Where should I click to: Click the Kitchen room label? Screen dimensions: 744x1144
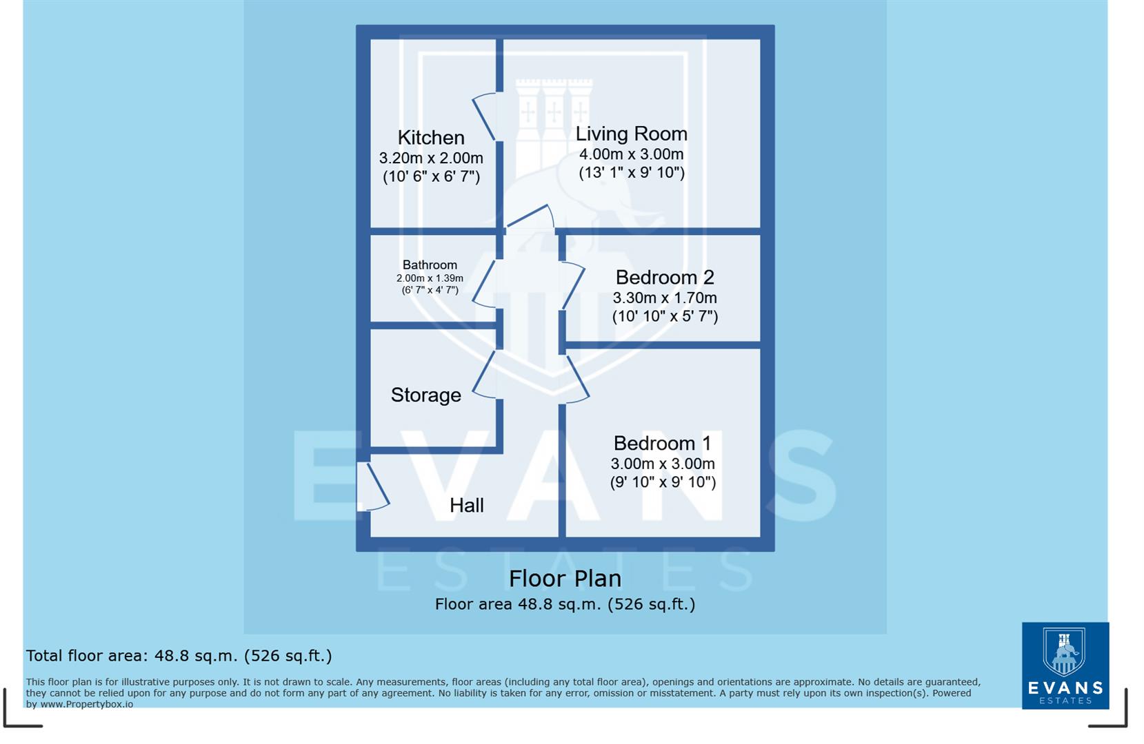click(x=431, y=138)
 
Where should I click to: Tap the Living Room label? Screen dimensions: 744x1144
click(x=631, y=134)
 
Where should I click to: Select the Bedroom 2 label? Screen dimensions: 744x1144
click(x=665, y=278)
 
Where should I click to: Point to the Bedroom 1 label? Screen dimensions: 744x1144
click(x=662, y=443)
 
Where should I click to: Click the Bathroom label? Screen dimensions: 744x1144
click(x=430, y=265)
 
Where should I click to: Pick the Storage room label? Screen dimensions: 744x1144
click(x=425, y=395)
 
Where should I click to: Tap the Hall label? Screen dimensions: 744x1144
click(x=466, y=506)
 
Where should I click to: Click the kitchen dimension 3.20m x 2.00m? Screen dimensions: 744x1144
click(x=431, y=158)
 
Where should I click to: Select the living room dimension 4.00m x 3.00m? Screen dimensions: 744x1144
click(x=631, y=154)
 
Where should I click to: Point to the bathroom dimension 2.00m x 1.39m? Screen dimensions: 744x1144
click(x=430, y=278)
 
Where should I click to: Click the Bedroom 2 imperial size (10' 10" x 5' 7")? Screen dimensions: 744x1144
click(x=665, y=317)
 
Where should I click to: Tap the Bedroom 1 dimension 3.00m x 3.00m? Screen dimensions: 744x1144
click(x=662, y=464)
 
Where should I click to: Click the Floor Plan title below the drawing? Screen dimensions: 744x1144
click(x=565, y=579)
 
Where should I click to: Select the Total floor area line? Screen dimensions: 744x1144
click(x=179, y=656)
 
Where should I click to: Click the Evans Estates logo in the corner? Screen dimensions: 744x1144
click(x=1065, y=665)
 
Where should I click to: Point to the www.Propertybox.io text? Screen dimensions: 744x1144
click(x=86, y=704)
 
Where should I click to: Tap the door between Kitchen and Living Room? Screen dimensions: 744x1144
click(x=485, y=117)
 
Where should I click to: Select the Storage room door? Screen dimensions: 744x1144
click(x=485, y=375)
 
